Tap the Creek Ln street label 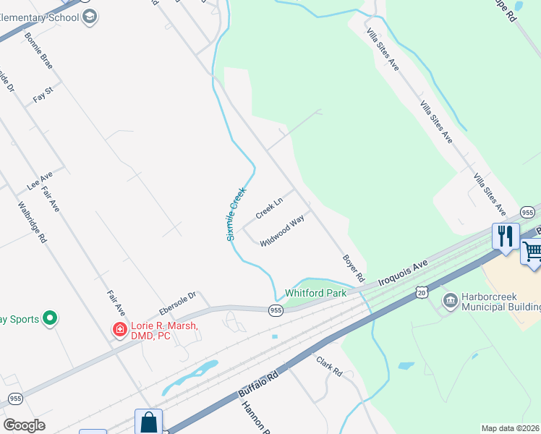tap(268, 207)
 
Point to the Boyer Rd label tap(354, 268)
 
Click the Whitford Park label tap(316, 293)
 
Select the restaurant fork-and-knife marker tap(505, 236)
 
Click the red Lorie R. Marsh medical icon tap(119, 330)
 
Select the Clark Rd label tap(328, 365)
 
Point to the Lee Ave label tap(40, 181)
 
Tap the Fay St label tap(43, 95)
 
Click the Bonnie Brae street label tap(38, 50)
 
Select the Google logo tap(23, 425)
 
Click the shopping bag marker tap(148, 422)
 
